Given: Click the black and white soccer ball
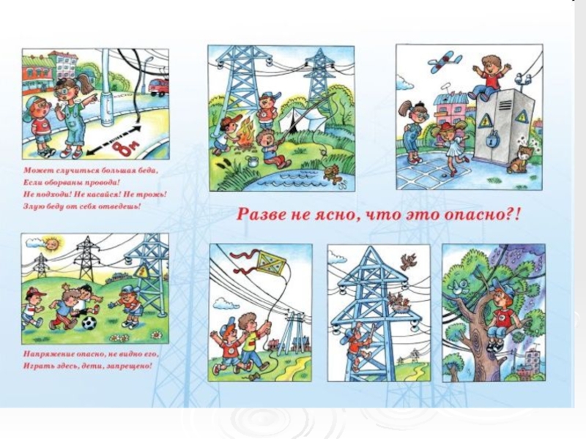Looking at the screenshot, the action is click(89, 323).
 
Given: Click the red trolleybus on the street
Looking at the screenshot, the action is click(160, 88).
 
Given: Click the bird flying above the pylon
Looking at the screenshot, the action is click(408, 261).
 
